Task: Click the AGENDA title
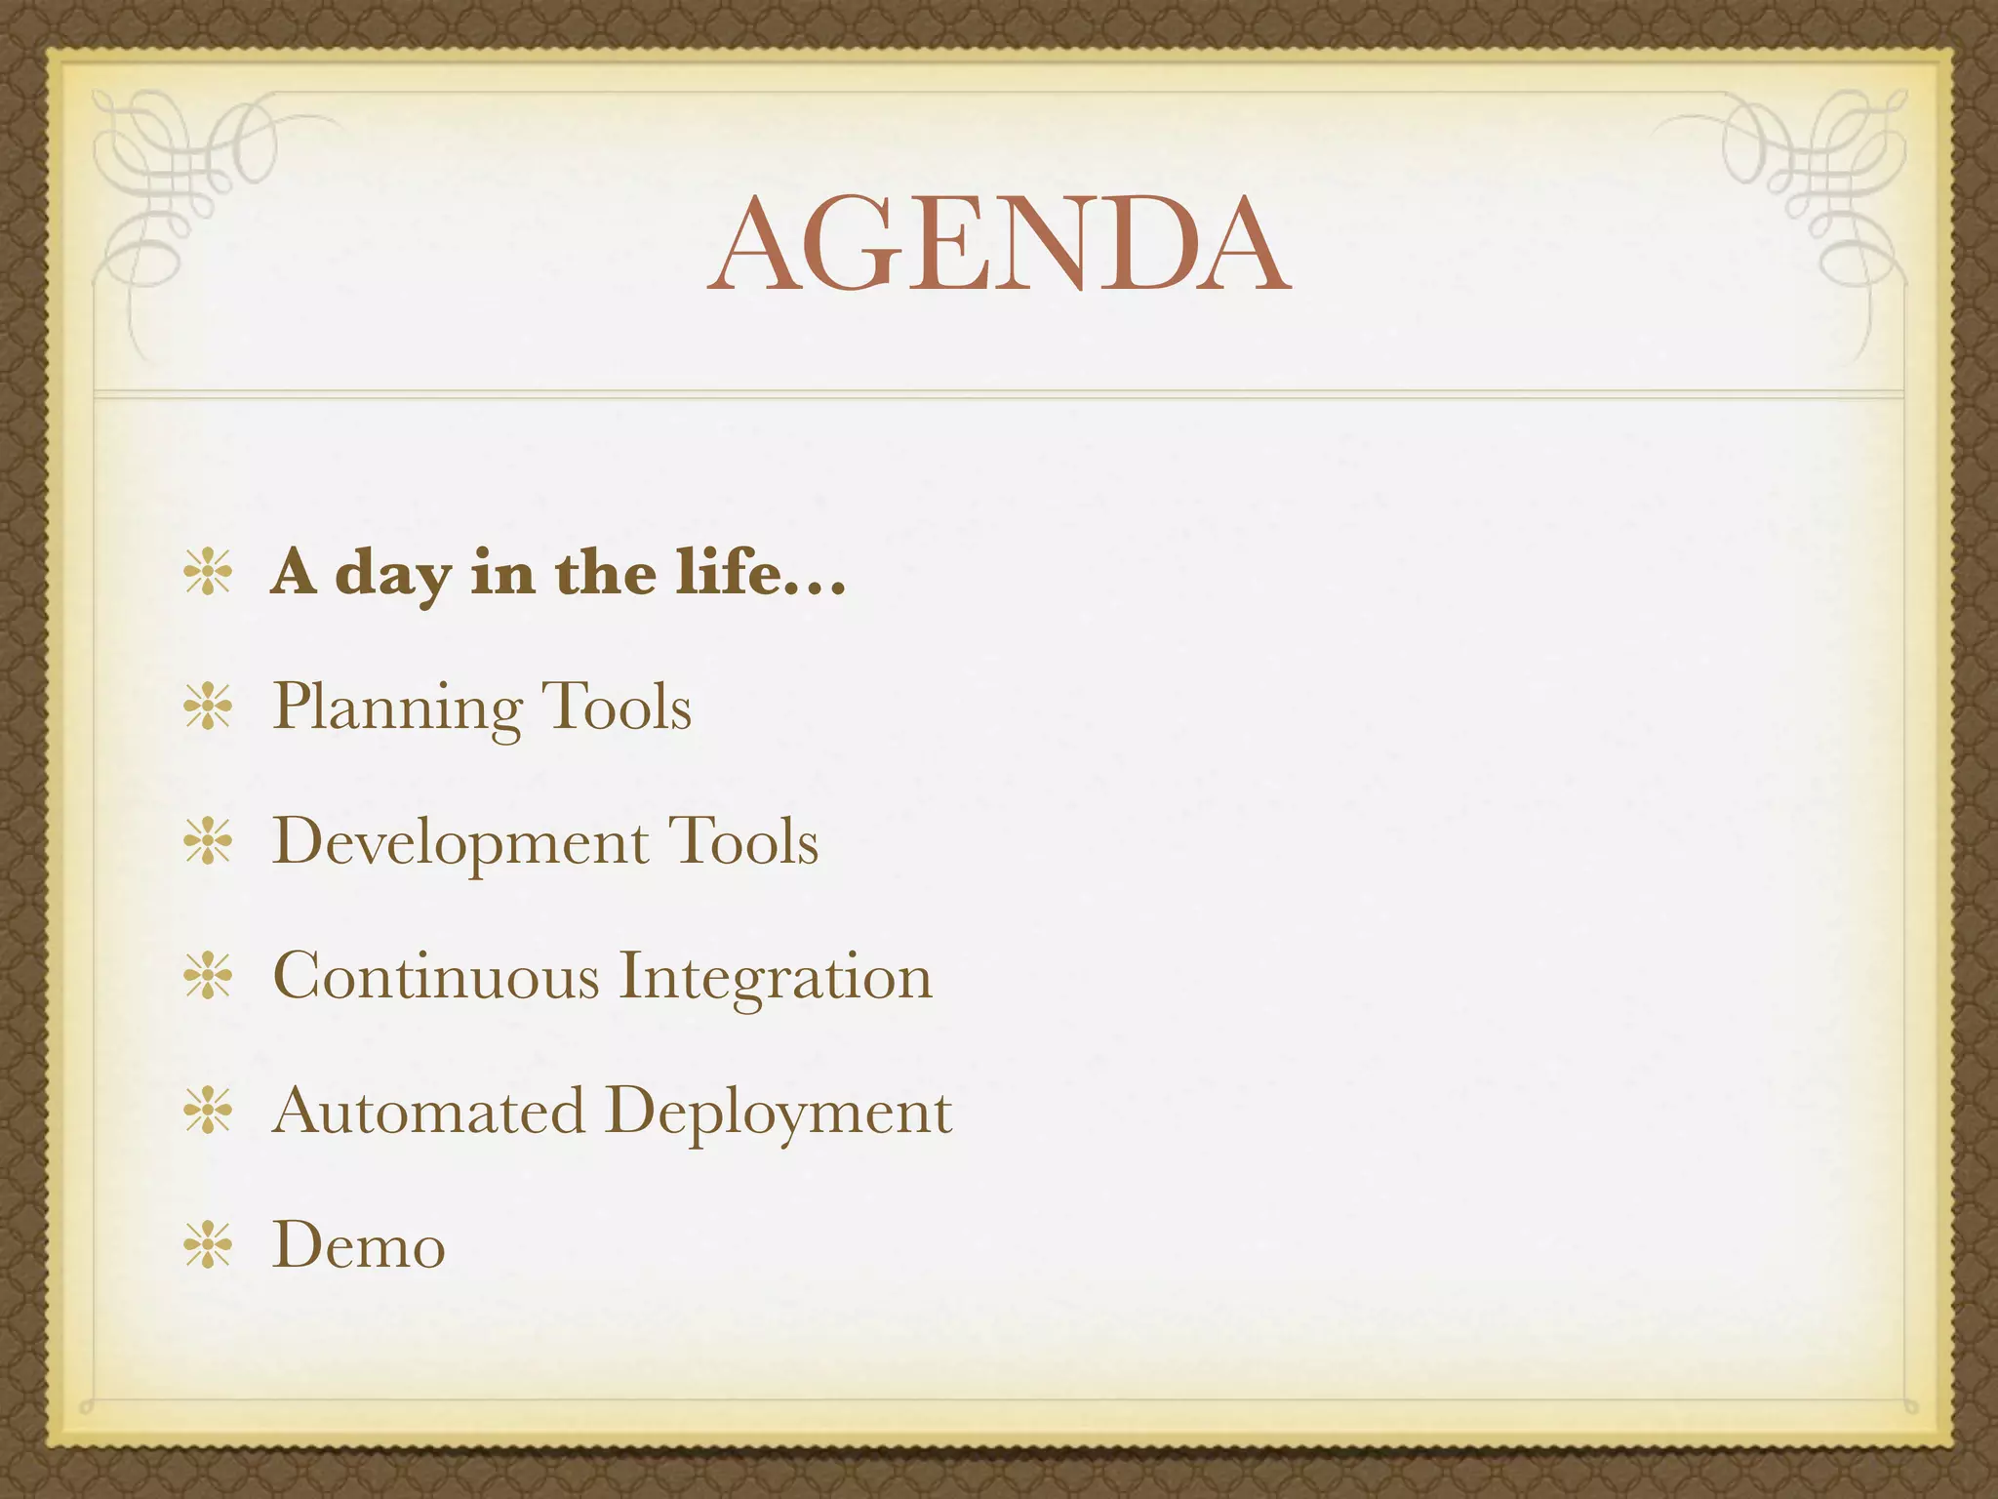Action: (x=999, y=244)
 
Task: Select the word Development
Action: (x=460, y=842)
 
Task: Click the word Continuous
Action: (x=436, y=976)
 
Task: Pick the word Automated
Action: (x=428, y=1111)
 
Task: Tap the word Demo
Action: (x=358, y=1246)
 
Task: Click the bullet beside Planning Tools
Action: (x=208, y=708)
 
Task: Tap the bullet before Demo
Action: (x=208, y=1246)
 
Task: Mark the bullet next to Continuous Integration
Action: (x=208, y=977)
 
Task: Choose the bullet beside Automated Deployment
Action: (x=208, y=1112)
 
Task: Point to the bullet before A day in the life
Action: (x=208, y=573)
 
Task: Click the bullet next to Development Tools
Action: (x=208, y=842)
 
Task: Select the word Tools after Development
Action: (x=742, y=841)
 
